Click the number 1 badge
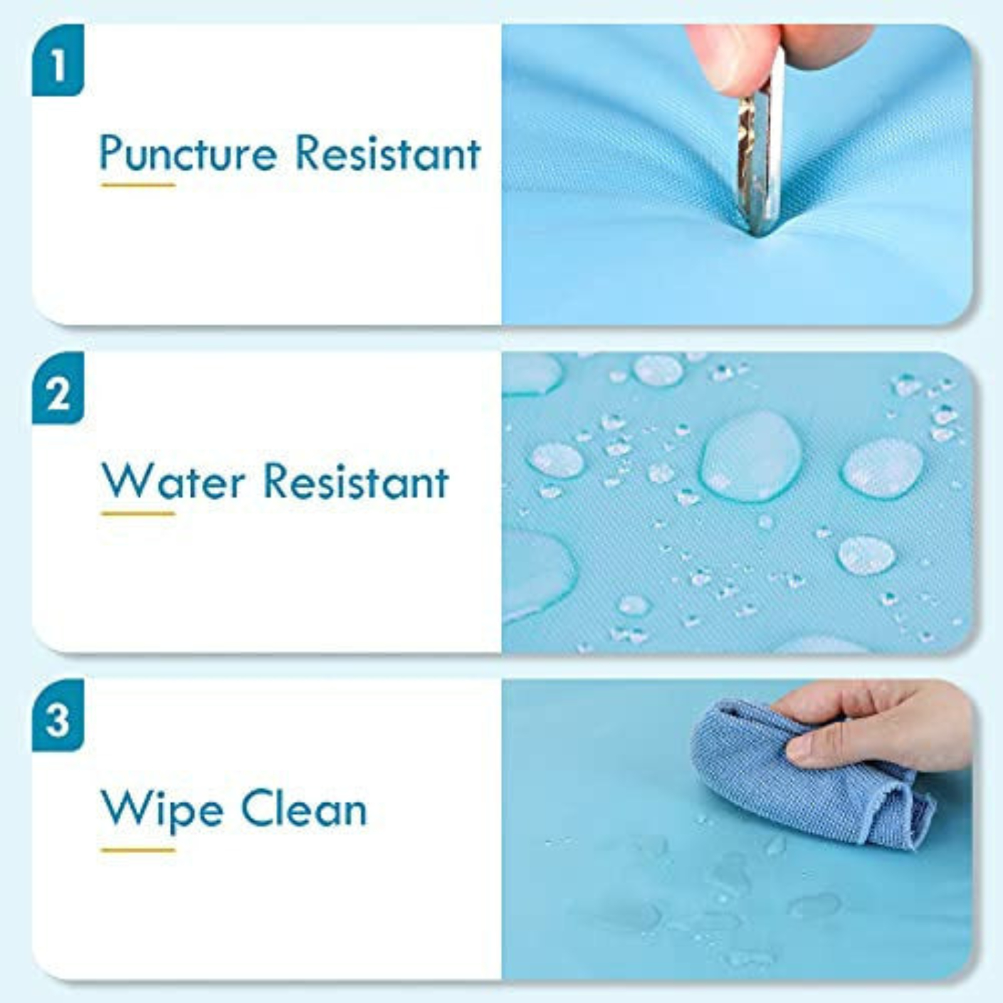(58, 61)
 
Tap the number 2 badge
(58, 389)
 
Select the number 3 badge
(58, 716)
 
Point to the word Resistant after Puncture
(387, 154)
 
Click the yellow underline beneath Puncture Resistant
(138, 185)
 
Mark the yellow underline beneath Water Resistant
(138, 513)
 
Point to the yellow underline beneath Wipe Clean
(138, 850)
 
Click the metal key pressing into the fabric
(760, 157)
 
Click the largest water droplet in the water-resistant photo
(750, 455)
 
